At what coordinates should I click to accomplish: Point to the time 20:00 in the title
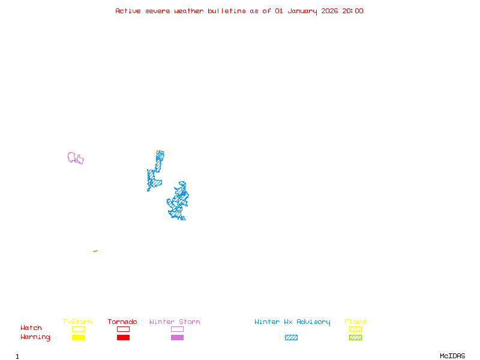tap(352, 11)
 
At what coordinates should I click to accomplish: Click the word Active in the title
tap(128, 11)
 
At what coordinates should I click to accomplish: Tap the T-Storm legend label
tap(77, 322)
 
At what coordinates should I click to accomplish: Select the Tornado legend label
tap(122, 322)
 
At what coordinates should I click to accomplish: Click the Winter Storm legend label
tap(175, 322)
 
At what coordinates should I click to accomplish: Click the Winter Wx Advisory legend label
tap(292, 322)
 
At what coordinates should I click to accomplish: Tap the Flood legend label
tap(355, 322)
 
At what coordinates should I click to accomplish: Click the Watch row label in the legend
tap(31, 328)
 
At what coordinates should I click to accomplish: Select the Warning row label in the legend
tap(35, 337)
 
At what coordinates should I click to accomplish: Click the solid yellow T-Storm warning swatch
tap(78, 338)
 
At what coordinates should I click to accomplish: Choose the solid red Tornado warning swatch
tap(123, 338)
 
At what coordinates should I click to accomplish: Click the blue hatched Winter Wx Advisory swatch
tap(291, 338)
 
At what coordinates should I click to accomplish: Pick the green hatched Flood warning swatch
tap(355, 338)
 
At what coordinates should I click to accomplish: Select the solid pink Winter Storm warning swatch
tap(177, 338)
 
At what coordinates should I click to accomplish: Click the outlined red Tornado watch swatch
tap(123, 329)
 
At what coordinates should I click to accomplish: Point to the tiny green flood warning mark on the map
tap(95, 251)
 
